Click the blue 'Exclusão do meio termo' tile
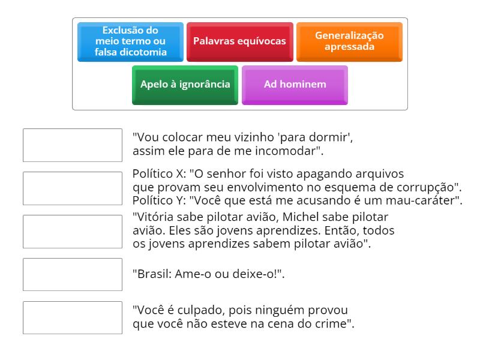coord(130,42)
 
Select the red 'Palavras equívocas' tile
coord(239,42)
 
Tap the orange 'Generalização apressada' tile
coord(349,42)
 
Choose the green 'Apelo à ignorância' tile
coord(185,85)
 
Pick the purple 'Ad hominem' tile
coord(295,85)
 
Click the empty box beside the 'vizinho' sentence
coord(72,145)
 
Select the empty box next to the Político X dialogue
coord(72,188)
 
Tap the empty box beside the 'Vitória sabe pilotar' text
coord(72,232)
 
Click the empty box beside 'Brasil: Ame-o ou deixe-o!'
coord(72,274)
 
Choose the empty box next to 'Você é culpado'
coord(72,317)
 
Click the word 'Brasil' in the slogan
coord(152,274)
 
